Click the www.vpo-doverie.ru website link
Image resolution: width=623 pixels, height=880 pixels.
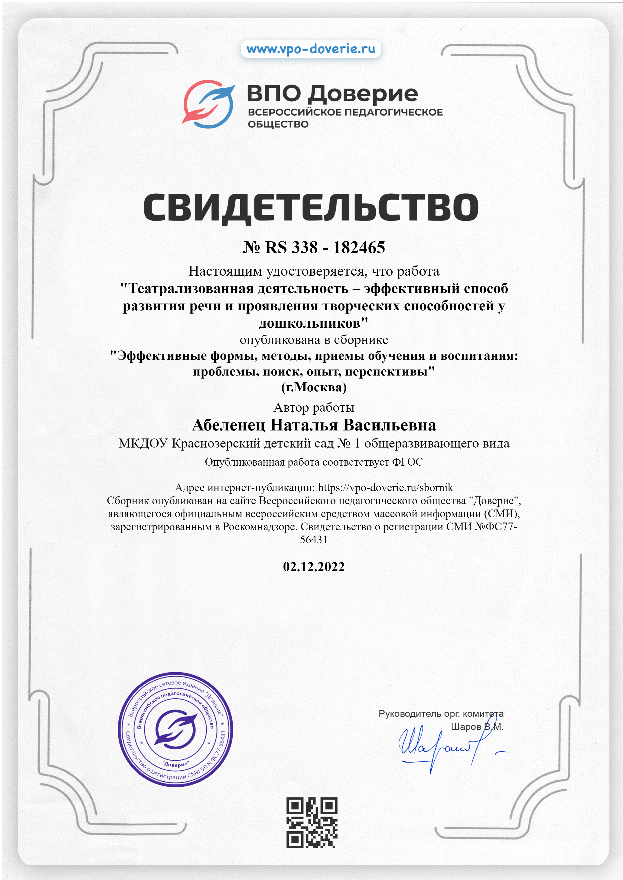[311, 49]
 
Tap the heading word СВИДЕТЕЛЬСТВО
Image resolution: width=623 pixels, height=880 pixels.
[311, 207]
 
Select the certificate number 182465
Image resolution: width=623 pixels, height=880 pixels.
[359, 248]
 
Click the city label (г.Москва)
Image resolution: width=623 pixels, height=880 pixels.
[314, 387]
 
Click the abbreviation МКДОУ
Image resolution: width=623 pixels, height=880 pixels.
[143, 444]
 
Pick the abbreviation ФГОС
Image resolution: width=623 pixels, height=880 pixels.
[407, 462]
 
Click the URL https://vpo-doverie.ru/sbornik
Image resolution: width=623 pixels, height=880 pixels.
[385, 487]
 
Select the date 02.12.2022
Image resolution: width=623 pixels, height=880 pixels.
[314, 566]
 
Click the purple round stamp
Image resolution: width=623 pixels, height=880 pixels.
[175, 729]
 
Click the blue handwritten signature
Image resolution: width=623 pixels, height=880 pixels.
[441, 746]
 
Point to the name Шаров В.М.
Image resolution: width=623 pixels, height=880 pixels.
[477, 727]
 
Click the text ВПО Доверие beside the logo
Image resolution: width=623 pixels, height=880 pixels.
[332, 94]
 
